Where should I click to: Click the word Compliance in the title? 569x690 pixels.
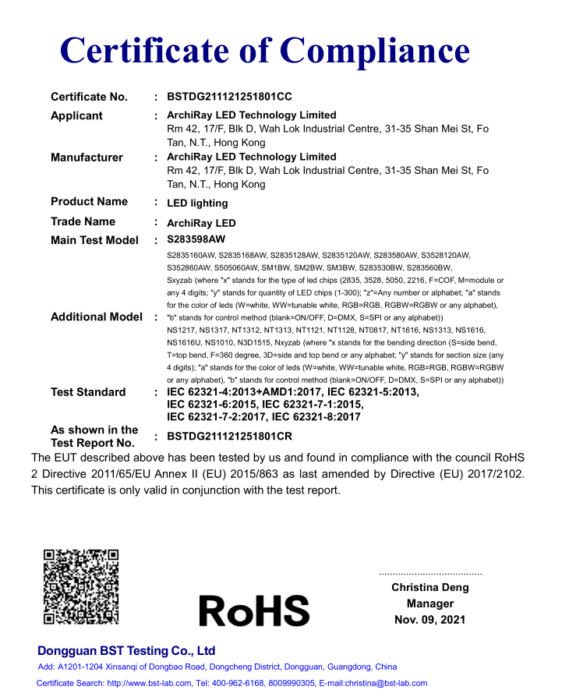click(375, 51)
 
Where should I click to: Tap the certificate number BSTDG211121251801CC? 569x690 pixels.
click(230, 97)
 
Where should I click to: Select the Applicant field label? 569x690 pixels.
click(76, 115)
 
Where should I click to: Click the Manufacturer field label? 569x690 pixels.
click(87, 157)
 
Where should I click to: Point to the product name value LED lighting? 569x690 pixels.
click(198, 203)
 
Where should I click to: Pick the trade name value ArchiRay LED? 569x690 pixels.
click(201, 223)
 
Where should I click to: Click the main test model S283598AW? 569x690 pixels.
click(201, 240)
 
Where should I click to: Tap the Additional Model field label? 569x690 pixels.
click(97, 317)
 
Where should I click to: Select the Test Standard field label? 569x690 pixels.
click(88, 392)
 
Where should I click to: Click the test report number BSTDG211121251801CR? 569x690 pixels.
click(230, 437)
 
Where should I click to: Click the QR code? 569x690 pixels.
click(81, 586)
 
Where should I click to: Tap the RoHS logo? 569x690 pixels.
click(254, 610)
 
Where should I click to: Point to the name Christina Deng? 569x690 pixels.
click(430, 587)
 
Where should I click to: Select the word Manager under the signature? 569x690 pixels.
click(430, 603)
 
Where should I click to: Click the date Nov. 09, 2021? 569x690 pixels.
click(430, 620)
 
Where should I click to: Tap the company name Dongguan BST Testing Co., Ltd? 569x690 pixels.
click(126, 651)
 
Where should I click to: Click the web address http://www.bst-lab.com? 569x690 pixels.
click(149, 683)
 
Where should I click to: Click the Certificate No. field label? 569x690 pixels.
click(89, 97)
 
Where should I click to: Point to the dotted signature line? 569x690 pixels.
click(430, 573)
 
